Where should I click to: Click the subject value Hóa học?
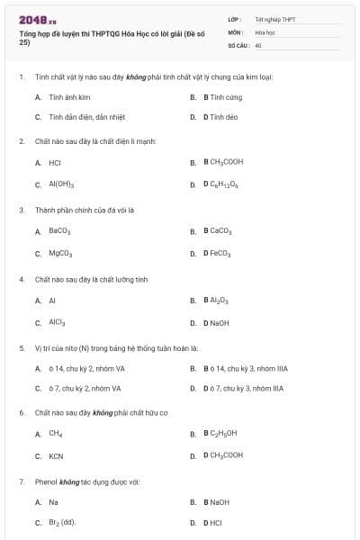coord(265,31)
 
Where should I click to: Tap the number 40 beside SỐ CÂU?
coord(258,44)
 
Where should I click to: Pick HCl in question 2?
coord(55,163)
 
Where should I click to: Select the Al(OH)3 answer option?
coord(61,184)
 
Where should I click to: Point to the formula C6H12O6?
coord(224,184)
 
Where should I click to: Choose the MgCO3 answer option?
coord(60,253)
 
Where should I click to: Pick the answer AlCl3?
coord(58,321)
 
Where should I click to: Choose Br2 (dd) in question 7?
coord(63,522)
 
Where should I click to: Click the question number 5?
coord(21,347)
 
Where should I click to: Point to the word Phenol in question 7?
coord(46,481)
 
